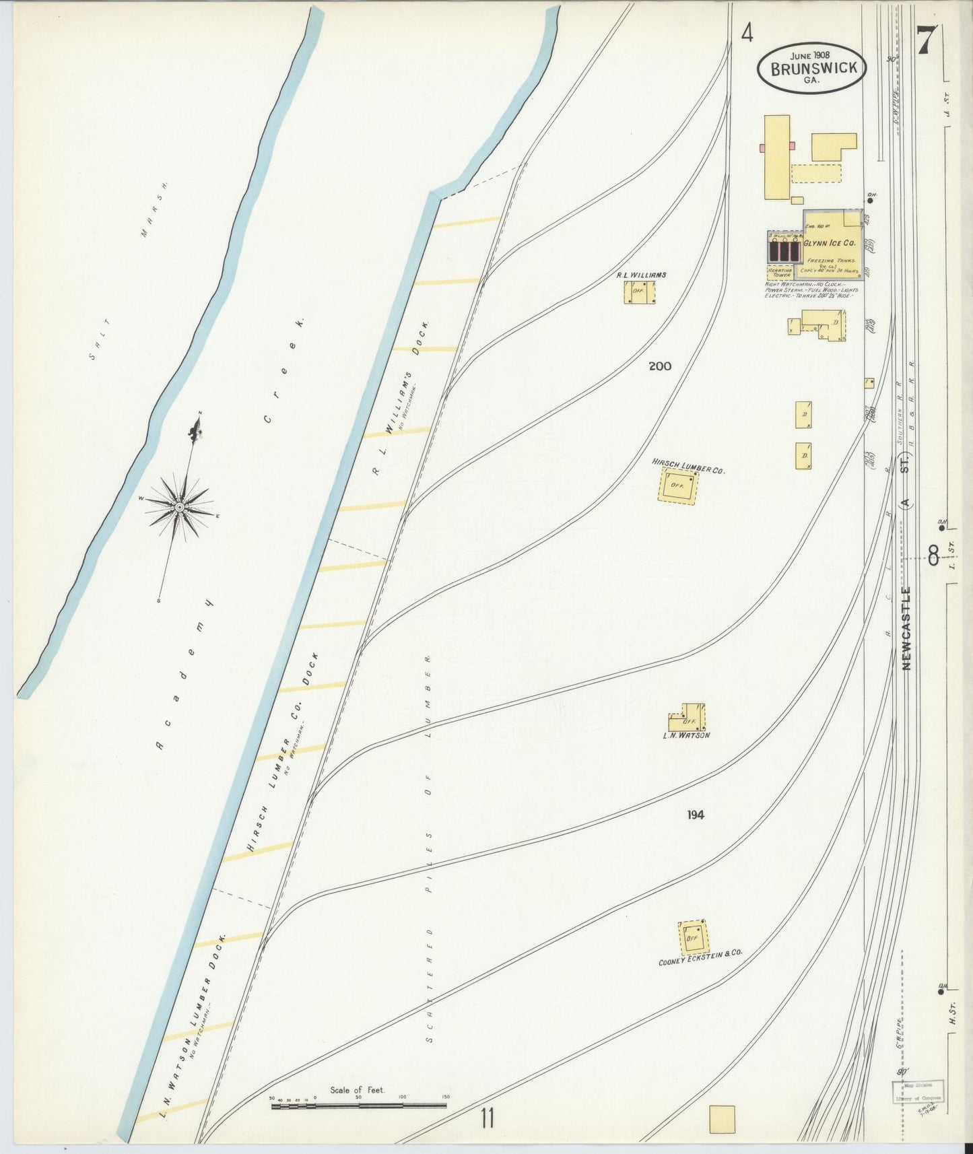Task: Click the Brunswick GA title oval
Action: (x=811, y=68)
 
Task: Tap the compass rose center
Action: (x=179, y=506)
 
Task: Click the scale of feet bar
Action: (x=360, y=1106)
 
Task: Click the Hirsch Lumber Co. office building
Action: (x=677, y=485)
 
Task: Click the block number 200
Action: (x=660, y=366)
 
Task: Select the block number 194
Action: (x=696, y=815)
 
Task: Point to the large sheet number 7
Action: (x=923, y=42)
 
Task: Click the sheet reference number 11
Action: (x=488, y=1118)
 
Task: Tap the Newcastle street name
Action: (x=906, y=627)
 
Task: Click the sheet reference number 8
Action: (x=933, y=557)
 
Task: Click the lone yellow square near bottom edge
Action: (x=722, y=1119)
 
